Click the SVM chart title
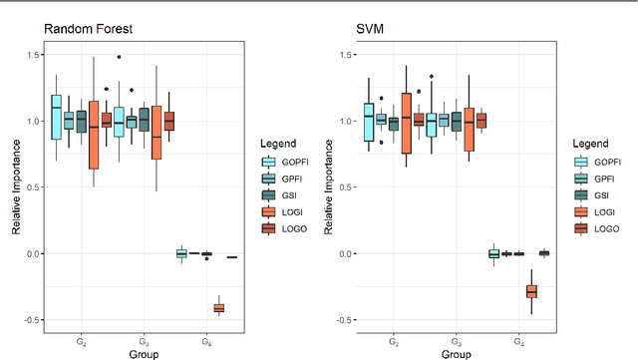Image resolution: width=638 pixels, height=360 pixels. pos(369,28)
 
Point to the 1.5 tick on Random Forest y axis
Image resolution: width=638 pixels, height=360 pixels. pos(32,55)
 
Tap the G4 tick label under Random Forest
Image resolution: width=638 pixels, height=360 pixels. pos(206,342)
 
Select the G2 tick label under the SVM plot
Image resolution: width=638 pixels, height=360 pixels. pos(394,342)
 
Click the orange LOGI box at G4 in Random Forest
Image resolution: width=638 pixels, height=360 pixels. pos(218,307)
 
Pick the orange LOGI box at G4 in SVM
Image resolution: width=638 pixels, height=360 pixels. pos(531,291)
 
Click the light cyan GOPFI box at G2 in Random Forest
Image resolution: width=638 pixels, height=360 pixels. pos(56,117)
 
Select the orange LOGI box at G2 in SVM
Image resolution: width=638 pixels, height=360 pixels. pos(406,123)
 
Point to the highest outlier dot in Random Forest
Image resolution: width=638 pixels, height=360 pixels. pos(119,58)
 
